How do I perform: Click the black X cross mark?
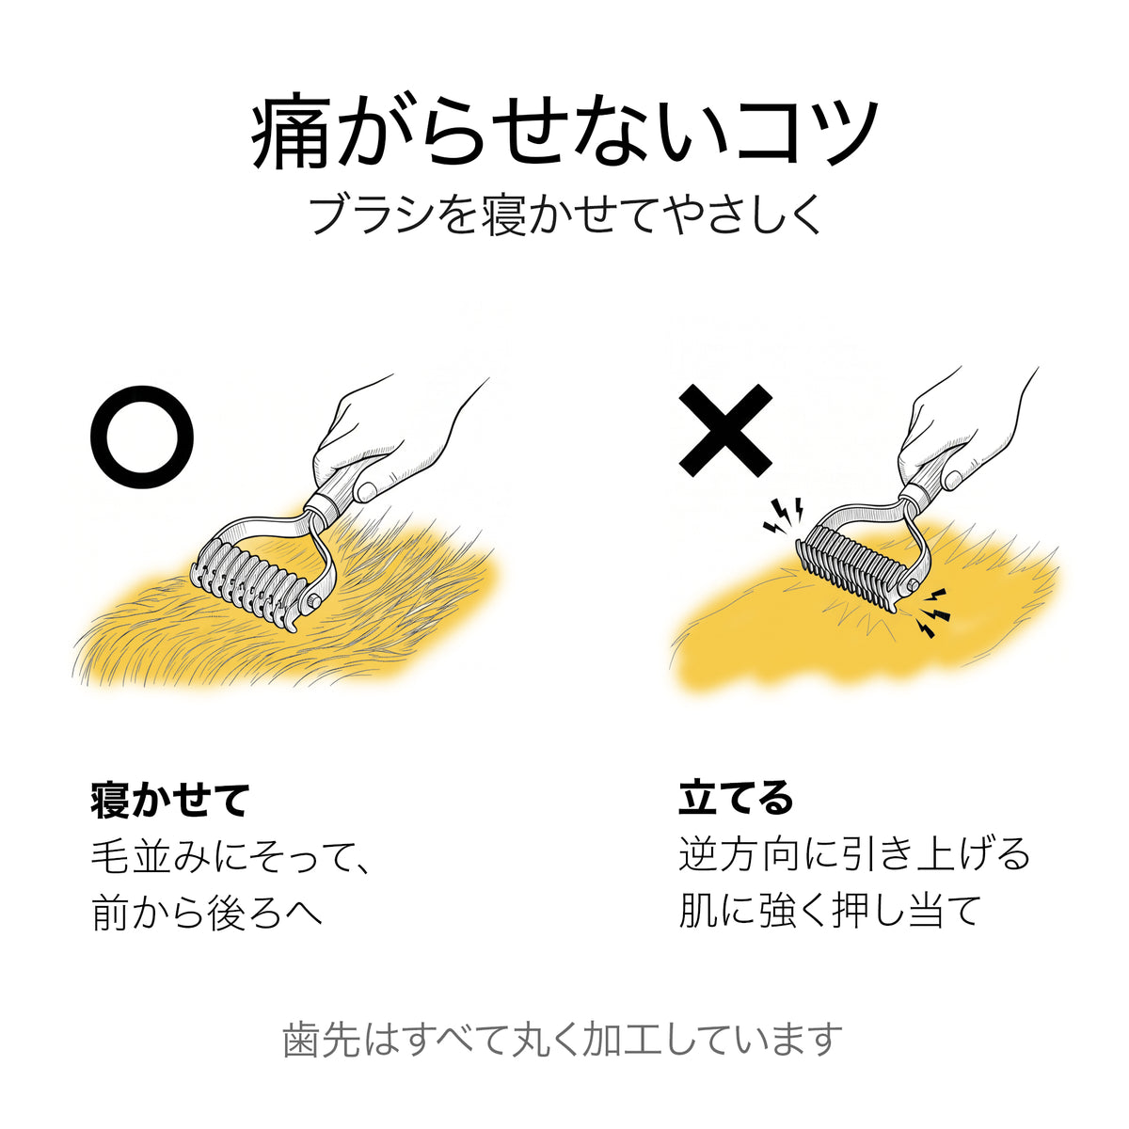coord(725,430)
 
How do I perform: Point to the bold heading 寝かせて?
coord(170,801)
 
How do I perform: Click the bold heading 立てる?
coord(737,798)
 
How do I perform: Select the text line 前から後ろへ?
coord(207,913)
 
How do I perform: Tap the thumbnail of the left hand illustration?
coord(368,489)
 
